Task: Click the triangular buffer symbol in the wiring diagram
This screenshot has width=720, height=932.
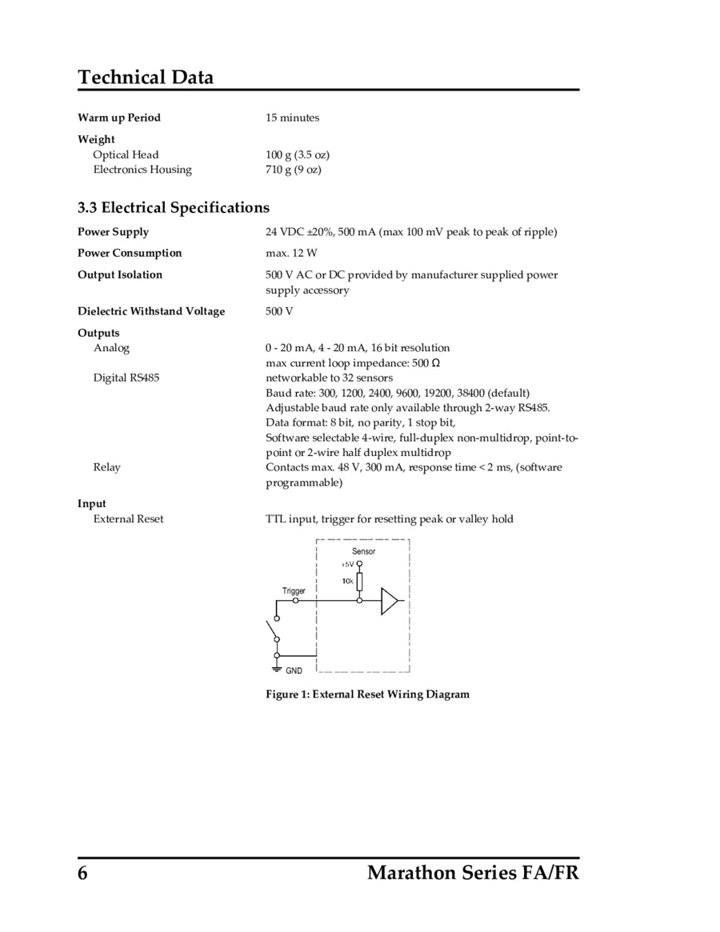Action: coord(388,601)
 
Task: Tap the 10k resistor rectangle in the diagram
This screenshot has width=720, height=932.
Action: coord(359,581)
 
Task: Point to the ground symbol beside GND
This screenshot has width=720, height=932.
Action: coord(277,669)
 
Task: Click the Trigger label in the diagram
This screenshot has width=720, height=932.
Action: coord(294,590)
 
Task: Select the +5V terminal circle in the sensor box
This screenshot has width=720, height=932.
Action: coord(359,563)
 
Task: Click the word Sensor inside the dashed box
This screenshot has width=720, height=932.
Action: coord(363,551)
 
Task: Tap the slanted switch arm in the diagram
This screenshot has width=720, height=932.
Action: coord(272,630)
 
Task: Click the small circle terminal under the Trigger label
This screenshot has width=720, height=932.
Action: coord(295,600)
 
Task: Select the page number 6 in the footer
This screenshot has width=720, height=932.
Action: coord(82,873)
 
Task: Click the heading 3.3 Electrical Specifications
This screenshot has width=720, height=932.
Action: coord(174,208)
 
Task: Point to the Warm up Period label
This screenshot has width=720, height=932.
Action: coord(119,118)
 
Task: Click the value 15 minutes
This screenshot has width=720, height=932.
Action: coord(292,118)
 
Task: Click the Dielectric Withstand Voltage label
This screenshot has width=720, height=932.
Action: coord(151,311)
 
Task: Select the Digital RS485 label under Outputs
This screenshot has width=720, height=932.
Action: coord(126,377)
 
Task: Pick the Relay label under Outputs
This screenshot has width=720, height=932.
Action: coord(107,467)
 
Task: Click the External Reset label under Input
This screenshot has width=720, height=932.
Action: coord(128,518)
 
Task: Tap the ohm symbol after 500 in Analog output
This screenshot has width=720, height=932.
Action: coord(435,362)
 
